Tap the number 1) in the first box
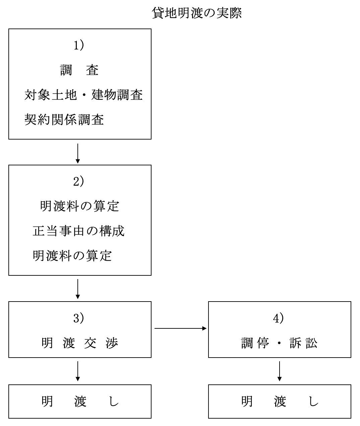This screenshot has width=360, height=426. point(79,45)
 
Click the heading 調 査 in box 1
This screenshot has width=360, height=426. point(79,70)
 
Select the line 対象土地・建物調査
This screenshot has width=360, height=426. point(83,95)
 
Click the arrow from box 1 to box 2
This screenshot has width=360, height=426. point(78,153)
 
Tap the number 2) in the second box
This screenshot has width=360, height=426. point(78,181)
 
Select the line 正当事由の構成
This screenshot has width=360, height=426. point(79,231)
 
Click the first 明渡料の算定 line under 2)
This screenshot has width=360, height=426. point(79,206)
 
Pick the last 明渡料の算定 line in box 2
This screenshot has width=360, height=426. point(72,256)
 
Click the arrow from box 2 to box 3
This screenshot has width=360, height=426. point(78,288)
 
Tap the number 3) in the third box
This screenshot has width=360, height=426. point(78,318)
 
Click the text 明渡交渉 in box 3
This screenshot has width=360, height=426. point(79,343)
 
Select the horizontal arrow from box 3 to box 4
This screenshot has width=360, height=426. point(180,328)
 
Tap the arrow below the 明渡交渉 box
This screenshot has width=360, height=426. point(78,371)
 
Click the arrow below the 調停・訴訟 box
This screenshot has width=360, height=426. point(280,371)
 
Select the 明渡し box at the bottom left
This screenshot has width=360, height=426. point(80,402)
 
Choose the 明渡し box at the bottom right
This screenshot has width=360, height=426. point(280,402)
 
